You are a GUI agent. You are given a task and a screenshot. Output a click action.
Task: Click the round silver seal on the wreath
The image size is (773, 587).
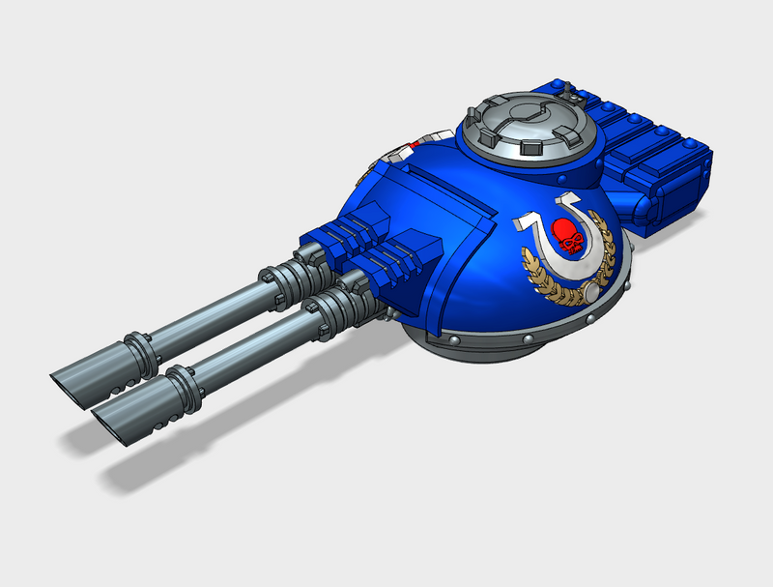(x=592, y=292)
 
